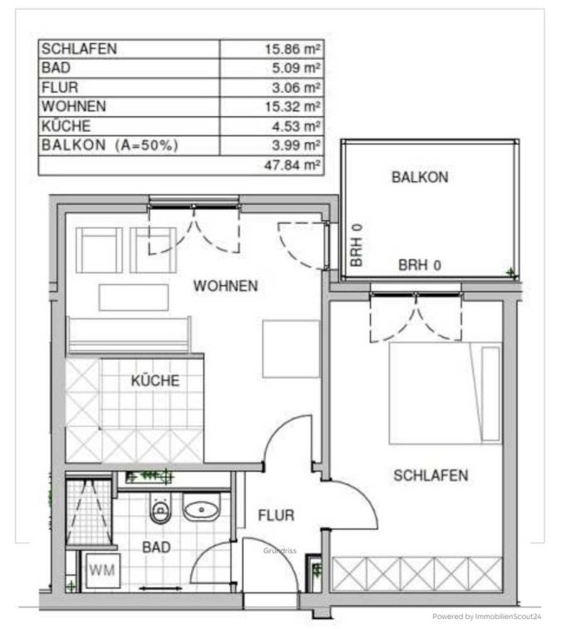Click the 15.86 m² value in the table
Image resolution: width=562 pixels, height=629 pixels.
[x=293, y=49]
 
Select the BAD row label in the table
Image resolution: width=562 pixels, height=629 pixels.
[x=56, y=68]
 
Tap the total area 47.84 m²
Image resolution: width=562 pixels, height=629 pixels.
[x=293, y=165]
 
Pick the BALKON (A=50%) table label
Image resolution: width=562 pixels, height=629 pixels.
[x=110, y=145]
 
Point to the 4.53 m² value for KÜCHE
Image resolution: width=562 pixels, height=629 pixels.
[x=296, y=126]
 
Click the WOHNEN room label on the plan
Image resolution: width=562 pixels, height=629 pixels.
[x=225, y=286]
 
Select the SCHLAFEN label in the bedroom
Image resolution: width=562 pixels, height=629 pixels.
[x=431, y=475]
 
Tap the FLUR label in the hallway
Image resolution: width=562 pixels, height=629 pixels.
[x=276, y=515]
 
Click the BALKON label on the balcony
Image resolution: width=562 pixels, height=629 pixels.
[x=420, y=177]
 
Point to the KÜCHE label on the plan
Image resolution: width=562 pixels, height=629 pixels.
[x=155, y=381]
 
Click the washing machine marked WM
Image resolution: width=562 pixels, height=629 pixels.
[x=103, y=570]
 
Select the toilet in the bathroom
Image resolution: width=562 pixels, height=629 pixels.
[x=160, y=508]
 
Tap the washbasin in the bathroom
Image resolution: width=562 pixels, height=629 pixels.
[x=201, y=507]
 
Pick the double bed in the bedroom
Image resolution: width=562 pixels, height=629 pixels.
[x=445, y=393]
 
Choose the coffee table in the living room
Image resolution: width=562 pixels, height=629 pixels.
[x=134, y=297]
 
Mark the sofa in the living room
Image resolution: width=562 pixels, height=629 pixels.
[x=129, y=335]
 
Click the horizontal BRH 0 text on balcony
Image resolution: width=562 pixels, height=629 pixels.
[x=420, y=265]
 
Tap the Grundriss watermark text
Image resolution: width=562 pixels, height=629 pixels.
[x=280, y=551]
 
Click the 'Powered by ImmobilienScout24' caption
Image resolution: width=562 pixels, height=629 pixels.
[x=486, y=617]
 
